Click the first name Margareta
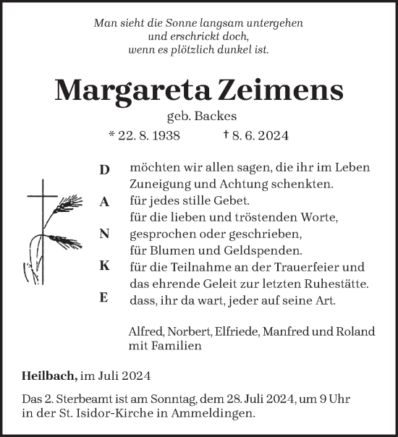point(124,89)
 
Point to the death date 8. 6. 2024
point(260,135)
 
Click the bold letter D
point(104,170)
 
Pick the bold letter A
point(104,203)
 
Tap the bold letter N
point(104,234)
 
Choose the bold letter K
point(104,266)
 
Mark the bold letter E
point(104,298)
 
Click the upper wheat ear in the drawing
point(69,200)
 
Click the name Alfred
point(145,331)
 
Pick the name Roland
point(356,331)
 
